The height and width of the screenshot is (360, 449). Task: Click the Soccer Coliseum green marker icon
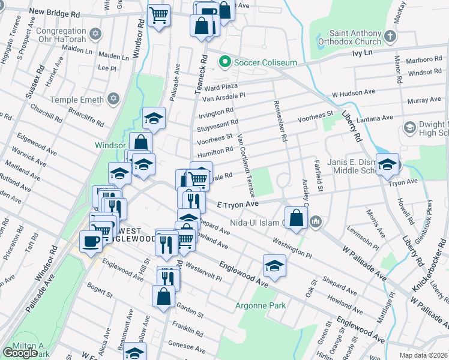click(225, 61)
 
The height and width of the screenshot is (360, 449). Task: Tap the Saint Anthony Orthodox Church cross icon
click(390, 37)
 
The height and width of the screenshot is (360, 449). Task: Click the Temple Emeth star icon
click(113, 99)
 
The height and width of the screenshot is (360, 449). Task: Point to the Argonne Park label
click(260, 305)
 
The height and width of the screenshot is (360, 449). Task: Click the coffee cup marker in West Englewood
click(91, 241)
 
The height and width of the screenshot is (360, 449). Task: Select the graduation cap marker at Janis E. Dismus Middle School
click(388, 164)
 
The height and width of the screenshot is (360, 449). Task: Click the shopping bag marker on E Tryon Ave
click(297, 217)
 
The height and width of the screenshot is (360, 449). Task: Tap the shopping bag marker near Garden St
click(164, 296)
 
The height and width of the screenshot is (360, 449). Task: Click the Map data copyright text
click(423, 355)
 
